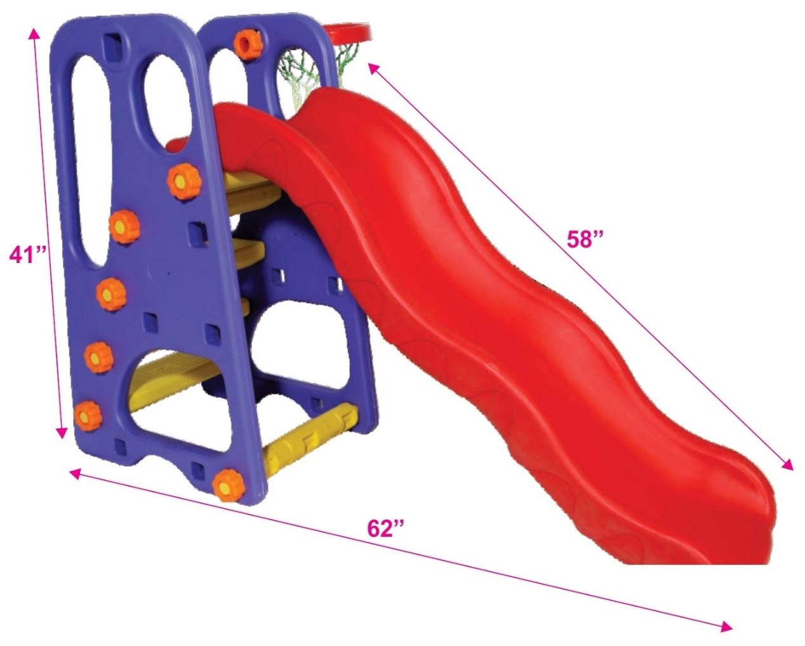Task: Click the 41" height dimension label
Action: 27,255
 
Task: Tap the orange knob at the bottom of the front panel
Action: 228,485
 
